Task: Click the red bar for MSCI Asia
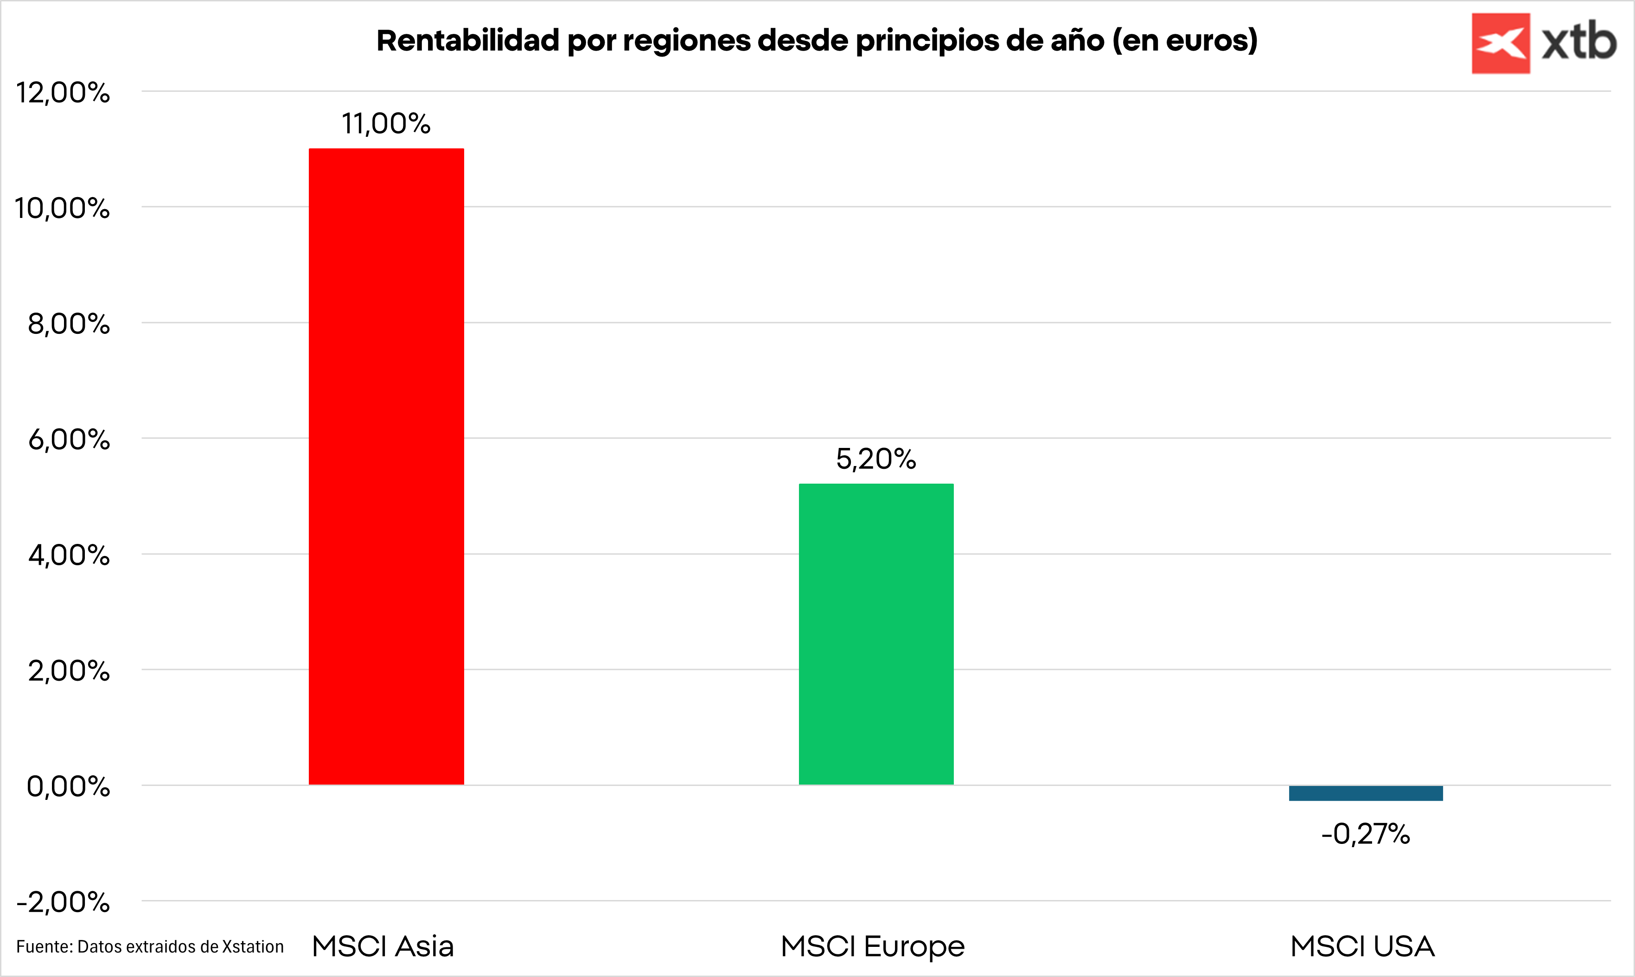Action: click(386, 466)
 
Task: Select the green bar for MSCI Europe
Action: click(876, 634)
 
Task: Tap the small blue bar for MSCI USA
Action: click(1366, 792)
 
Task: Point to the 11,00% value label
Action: click(386, 124)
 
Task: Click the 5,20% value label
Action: click(876, 459)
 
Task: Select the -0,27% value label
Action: click(1366, 834)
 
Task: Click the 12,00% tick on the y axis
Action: click(63, 92)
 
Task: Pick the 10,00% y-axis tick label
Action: click(63, 208)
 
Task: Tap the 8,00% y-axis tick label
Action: click(69, 324)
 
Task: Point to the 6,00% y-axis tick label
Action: click(69, 439)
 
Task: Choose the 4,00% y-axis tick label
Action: click(69, 555)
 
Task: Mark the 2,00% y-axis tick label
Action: click(69, 671)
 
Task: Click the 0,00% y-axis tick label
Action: click(69, 786)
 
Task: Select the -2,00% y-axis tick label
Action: click(63, 902)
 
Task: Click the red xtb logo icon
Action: click(1501, 44)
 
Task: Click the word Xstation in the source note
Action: click(253, 947)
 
